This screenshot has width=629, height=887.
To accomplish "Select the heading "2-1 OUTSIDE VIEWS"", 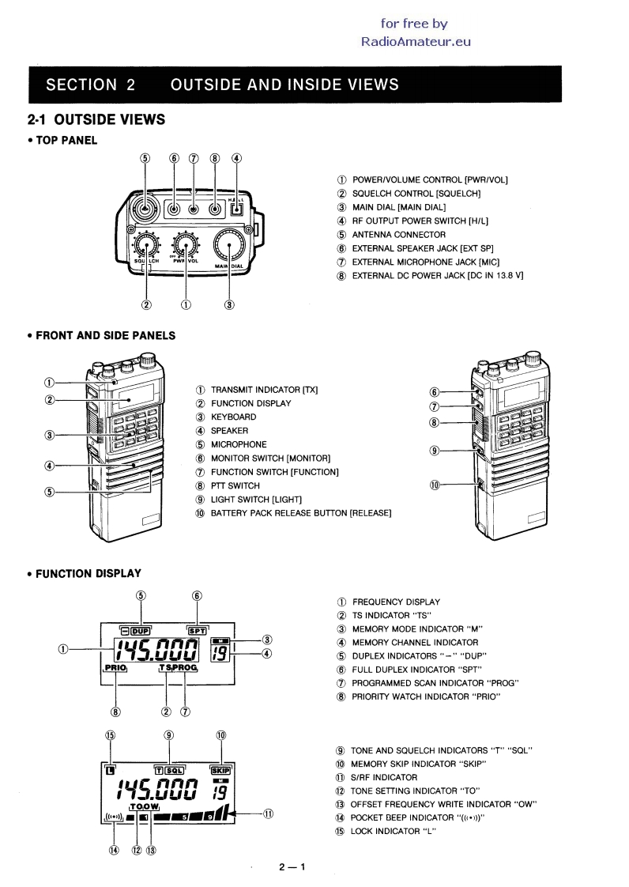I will (96, 119).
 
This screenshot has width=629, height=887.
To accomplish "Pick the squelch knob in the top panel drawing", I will (146, 245).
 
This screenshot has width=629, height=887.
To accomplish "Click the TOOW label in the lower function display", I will (145, 806).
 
